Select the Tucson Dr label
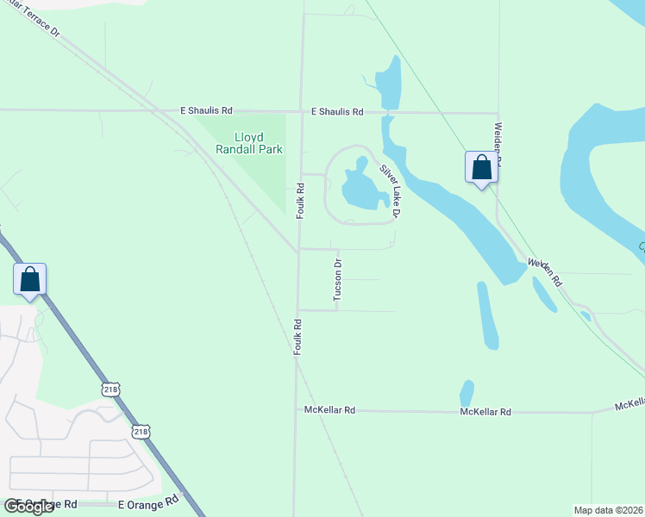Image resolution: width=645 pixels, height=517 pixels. pyautogui.click(x=338, y=280)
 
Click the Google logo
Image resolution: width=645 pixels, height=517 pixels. pyautogui.click(x=28, y=506)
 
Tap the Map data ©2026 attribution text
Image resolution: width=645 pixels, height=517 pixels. pyautogui.click(x=609, y=510)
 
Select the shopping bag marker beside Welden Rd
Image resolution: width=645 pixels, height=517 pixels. pyautogui.click(x=481, y=167)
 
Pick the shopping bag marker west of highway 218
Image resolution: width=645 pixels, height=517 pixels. pyautogui.click(x=29, y=279)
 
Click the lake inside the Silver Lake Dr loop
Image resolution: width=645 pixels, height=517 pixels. pyautogui.click(x=358, y=186)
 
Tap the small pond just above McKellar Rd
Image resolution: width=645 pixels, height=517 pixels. pyautogui.click(x=467, y=393)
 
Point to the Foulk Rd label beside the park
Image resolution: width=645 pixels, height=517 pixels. pyautogui.click(x=300, y=199)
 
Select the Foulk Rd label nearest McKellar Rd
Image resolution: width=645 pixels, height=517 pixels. pyautogui.click(x=296, y=337)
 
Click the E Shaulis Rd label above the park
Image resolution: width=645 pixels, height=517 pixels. pyautogui.click(x=206, y=111)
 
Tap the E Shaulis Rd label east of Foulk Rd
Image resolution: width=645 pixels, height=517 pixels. pyautogui.click(x=337, y=112)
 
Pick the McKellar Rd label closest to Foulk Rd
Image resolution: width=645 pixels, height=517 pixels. pyautogui.click(x=330, y=411)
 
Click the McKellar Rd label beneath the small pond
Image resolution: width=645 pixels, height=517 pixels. pyautogui.click(x=485, y=412)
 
